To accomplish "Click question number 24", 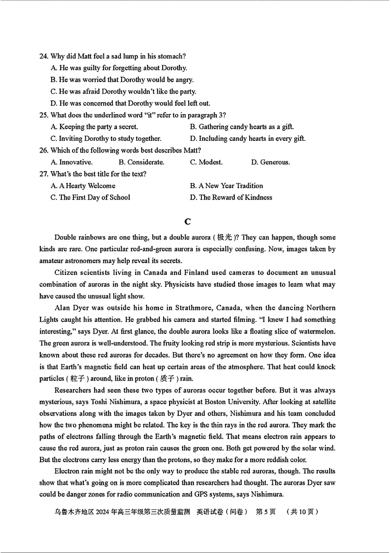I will pos(44,56).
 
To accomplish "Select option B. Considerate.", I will pos(141,162).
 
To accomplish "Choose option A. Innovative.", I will pos(72,162).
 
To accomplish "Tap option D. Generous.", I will pos(270,162).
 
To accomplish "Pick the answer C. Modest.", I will pos(206,162).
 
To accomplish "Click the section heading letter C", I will pos(188,222).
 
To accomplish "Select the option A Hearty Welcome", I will pos(83,186).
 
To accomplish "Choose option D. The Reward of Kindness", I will pos(231,197).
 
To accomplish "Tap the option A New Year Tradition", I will pos(226,186).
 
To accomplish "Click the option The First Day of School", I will pos(90,197).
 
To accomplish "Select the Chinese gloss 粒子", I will pos(77,378).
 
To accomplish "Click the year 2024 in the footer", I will pos(102,512).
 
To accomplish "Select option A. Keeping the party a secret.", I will pos(94,127).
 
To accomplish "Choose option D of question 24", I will pos(130,103).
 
